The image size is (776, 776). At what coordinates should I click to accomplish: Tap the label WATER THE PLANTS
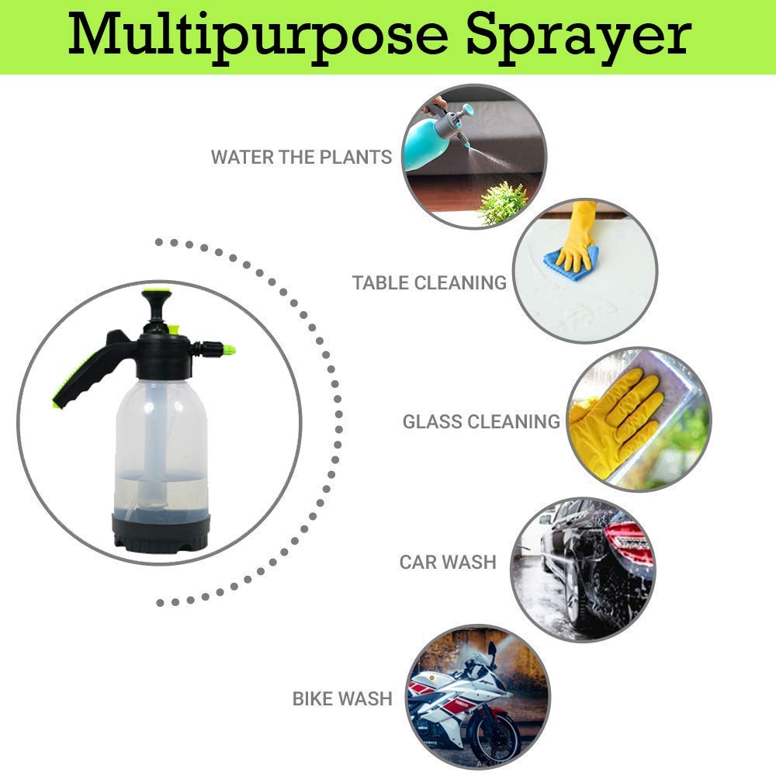point(301,157)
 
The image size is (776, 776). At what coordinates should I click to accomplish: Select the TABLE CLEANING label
point(429,282)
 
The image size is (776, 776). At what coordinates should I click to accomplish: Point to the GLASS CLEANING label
point(481,421)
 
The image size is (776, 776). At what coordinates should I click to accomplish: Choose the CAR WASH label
point(448,562)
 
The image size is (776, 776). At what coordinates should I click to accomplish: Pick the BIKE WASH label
point(342,699)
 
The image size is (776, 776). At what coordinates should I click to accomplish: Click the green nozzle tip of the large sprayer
point(229,351)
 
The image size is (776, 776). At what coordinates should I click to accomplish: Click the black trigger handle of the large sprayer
point(92,369)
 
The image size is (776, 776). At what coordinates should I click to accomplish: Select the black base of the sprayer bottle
point(161,532)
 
